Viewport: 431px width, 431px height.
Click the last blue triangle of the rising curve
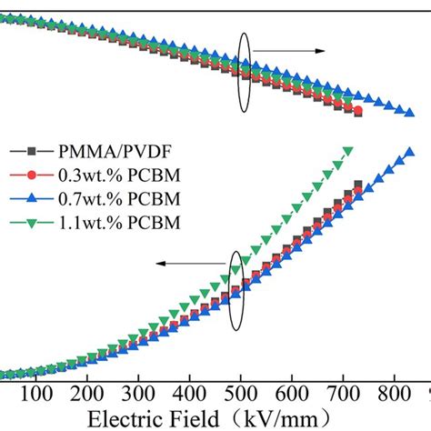408,152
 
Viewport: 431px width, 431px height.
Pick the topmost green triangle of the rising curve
346,151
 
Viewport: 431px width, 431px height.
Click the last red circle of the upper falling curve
357,112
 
